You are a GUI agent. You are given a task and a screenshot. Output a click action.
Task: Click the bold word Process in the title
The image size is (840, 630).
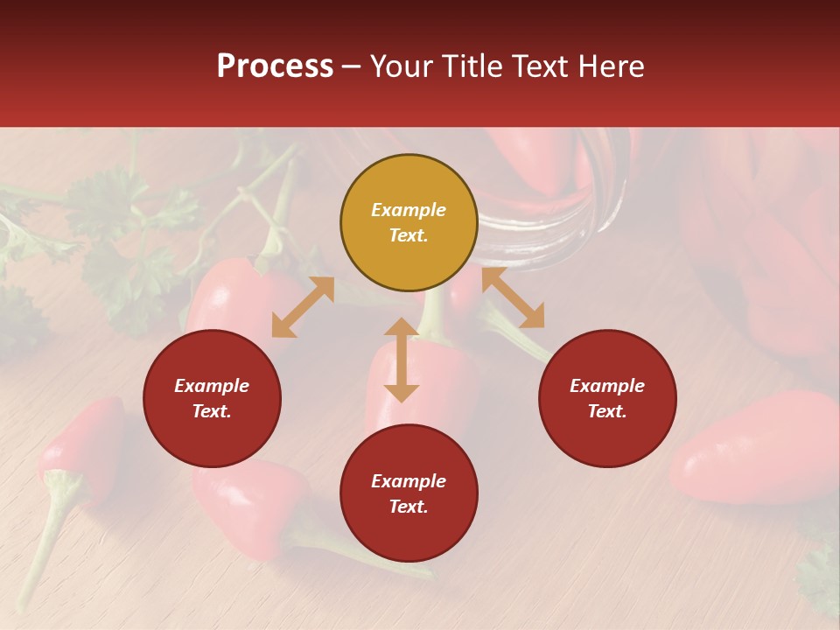[x=275, y=66]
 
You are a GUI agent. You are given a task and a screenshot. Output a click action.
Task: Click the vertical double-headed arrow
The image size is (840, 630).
[x=402, y=360]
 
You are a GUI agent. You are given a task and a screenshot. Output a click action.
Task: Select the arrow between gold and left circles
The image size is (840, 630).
[x=303, y=307]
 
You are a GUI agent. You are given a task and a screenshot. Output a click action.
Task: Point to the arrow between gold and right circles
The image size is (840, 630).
[x=513, y=297]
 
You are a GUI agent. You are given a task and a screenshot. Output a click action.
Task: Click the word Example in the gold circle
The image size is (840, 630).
[x=409, y=210]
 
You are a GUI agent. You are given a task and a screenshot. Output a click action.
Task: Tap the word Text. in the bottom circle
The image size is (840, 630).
[x=409, y=507]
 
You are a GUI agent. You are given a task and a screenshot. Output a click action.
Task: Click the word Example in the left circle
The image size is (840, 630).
[x=212, y=386]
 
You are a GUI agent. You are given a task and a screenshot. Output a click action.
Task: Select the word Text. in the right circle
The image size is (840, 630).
[x=607, y=411]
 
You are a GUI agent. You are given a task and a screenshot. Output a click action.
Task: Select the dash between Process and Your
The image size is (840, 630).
[x=352, y=66]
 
